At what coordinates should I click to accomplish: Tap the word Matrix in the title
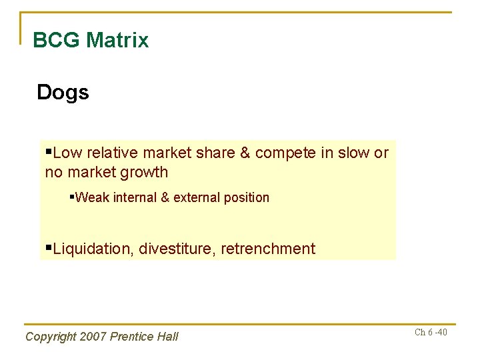click(x=117, y=41)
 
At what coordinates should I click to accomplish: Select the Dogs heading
click(x=63, y=92)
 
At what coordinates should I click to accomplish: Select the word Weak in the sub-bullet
click(x=91, y=197)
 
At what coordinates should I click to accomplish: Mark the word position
click(x=247, y=197)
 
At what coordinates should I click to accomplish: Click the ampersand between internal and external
click(x=165, y=197)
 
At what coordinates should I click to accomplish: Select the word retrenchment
click(x=268, y=249)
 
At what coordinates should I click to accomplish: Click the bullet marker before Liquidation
click(x=48, y=248)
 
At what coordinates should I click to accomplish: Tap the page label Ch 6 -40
click(x=431, y=333)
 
